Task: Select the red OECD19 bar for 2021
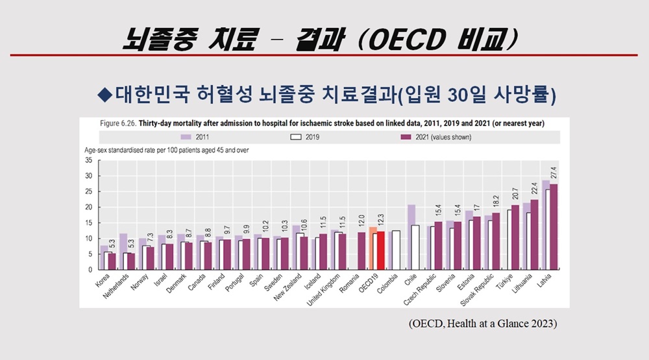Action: click(x=382, y=250)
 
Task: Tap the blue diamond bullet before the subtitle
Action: click(x=104, y=94)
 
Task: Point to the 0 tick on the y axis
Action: click(x=90, y=270)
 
